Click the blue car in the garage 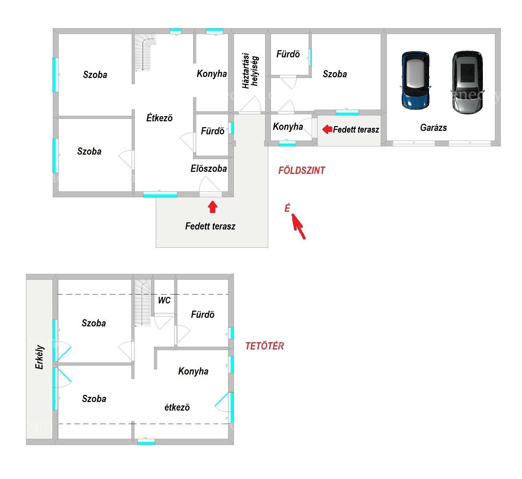tap(415, 80)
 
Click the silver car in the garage tap(467, 82)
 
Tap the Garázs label tap(434, 128)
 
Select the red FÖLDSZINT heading tap(302, 170)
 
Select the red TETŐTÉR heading tap(265, 346)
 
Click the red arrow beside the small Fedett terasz tap(327, 129)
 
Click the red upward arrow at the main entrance tap(213, 207)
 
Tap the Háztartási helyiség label tap(250, 71)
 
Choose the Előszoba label tap(209, 169)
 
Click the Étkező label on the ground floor tap(159, 118)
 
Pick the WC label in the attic tap(164, 300)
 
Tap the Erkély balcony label tap(39, 357)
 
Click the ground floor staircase tap(145, 53)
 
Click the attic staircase tap(143, 303)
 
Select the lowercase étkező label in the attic tap(177, 407)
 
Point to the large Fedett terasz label tap(210, 226)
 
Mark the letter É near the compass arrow tap(287, 208)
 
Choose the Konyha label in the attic tap(193, 371)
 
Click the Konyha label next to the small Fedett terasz tap(288, 127)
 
